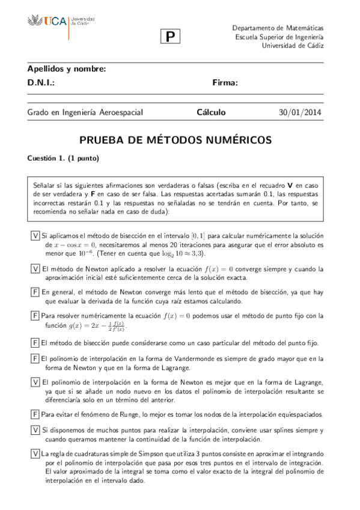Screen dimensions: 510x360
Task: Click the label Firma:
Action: [x=225, y=83]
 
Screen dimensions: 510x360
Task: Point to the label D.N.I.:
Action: [x=41, y=83]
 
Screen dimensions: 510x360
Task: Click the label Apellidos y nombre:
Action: [x=67, y=69]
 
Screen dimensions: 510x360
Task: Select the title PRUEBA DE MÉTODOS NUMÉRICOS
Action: [x=176, y=140]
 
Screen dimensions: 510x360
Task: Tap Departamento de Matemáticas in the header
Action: [x=278, y=28]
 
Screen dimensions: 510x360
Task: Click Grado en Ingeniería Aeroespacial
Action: [x=85, y=112]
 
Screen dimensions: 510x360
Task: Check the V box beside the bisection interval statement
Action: [x=35, y=235]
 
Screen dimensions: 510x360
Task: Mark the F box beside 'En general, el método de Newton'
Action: [x=35, y=292]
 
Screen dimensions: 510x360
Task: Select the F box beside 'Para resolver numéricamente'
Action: [x=35, y=316]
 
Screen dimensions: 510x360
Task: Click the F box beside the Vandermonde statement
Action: [x=35, y=358]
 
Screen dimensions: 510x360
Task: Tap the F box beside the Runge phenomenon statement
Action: [x=35, y=414]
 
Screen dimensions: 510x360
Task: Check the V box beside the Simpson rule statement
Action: [x=35, y=454]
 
